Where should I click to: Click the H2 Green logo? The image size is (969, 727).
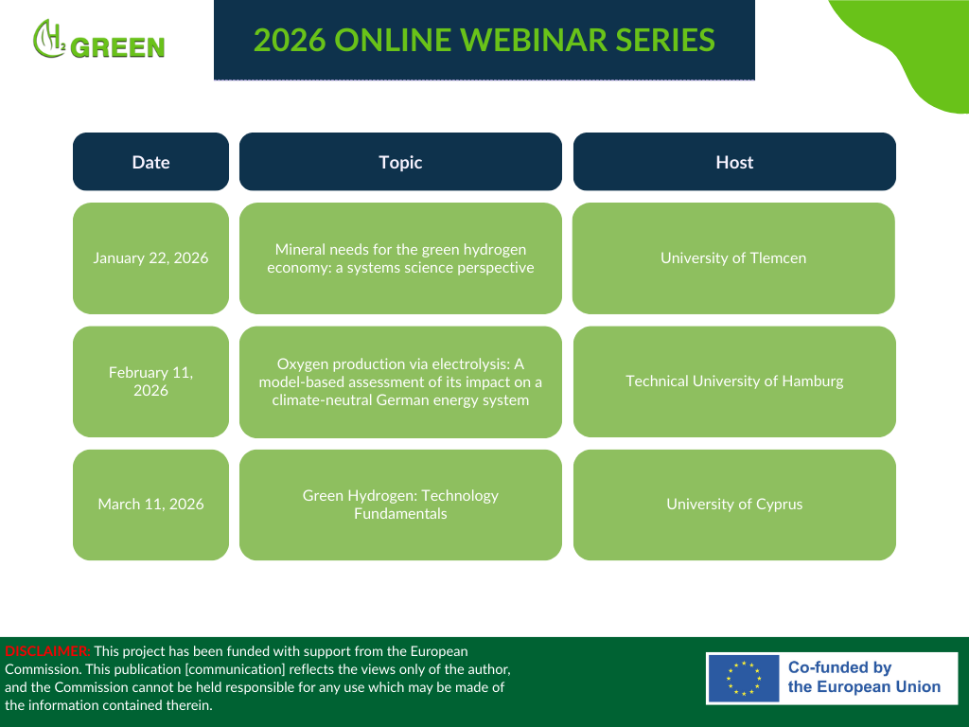[98, 40]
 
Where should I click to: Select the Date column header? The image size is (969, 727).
[150, 161]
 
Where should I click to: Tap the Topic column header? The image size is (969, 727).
[400, 161]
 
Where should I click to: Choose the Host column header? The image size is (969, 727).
[734, 161]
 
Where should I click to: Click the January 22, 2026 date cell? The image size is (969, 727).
[150, 257]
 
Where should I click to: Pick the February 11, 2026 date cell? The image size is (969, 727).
[150, 381]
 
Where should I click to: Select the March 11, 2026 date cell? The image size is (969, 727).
[150, 505]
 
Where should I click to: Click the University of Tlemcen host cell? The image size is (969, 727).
[733, 257]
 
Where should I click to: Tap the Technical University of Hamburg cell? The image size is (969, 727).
[734, 381]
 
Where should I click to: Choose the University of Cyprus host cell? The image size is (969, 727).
[734, 505]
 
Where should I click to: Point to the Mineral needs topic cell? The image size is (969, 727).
[400, 257]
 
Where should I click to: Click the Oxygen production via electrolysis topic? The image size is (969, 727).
[400, 381]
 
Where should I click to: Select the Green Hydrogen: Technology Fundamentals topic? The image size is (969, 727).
[400, 505]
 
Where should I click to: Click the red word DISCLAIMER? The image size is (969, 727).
[47, 651]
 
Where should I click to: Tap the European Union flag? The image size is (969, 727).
[744, 679]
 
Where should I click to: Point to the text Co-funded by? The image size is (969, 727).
[840, 667]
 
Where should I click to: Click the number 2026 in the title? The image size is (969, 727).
[290, 40]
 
